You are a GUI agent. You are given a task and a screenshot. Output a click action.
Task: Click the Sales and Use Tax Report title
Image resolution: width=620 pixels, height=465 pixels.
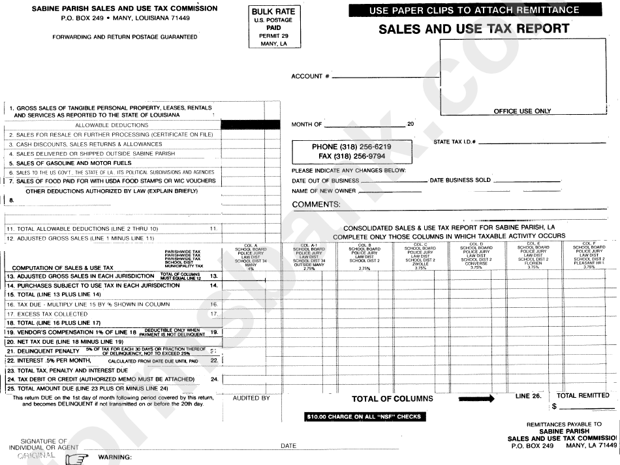click(474, 29)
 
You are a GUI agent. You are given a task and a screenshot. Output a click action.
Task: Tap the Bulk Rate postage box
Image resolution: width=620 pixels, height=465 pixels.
click(273, 27)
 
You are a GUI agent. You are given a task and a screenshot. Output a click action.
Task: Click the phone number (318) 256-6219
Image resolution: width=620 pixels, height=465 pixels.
click(351, 147)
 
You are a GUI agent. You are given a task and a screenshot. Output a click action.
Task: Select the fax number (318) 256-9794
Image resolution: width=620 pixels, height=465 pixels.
click(351, 157)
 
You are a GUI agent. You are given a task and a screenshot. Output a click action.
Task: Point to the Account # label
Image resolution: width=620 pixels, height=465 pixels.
click(310, 76)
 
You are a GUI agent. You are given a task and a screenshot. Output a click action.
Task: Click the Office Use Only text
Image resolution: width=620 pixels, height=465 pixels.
click(522, 111)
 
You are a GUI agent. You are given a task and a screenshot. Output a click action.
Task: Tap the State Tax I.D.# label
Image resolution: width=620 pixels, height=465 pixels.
click(454, 142)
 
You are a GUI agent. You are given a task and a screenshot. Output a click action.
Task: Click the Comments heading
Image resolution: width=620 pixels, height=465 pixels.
click(316, 205)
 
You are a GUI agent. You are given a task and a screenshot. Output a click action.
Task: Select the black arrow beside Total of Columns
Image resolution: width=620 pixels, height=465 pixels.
click(476, 398)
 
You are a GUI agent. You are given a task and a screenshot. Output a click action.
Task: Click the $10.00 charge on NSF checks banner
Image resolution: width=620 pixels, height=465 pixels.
click(363, 416)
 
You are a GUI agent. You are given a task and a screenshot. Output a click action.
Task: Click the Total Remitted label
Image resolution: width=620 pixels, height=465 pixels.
click(583, 395)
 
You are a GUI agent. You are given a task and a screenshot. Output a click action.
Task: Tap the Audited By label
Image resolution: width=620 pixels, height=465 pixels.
click(251, 398)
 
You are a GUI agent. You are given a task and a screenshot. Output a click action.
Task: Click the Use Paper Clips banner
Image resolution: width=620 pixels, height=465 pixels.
click(474, 10)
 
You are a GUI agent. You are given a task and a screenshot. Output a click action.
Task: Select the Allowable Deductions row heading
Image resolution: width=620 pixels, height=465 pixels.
click(112, 125)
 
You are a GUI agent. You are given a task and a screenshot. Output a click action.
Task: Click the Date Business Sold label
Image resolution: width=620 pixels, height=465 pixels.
click(460, 180)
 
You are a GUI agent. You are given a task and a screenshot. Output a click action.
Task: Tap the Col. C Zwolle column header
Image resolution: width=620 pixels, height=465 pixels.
click(420, 256)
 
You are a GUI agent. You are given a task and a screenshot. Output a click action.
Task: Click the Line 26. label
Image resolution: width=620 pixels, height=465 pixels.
click(528, 395)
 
